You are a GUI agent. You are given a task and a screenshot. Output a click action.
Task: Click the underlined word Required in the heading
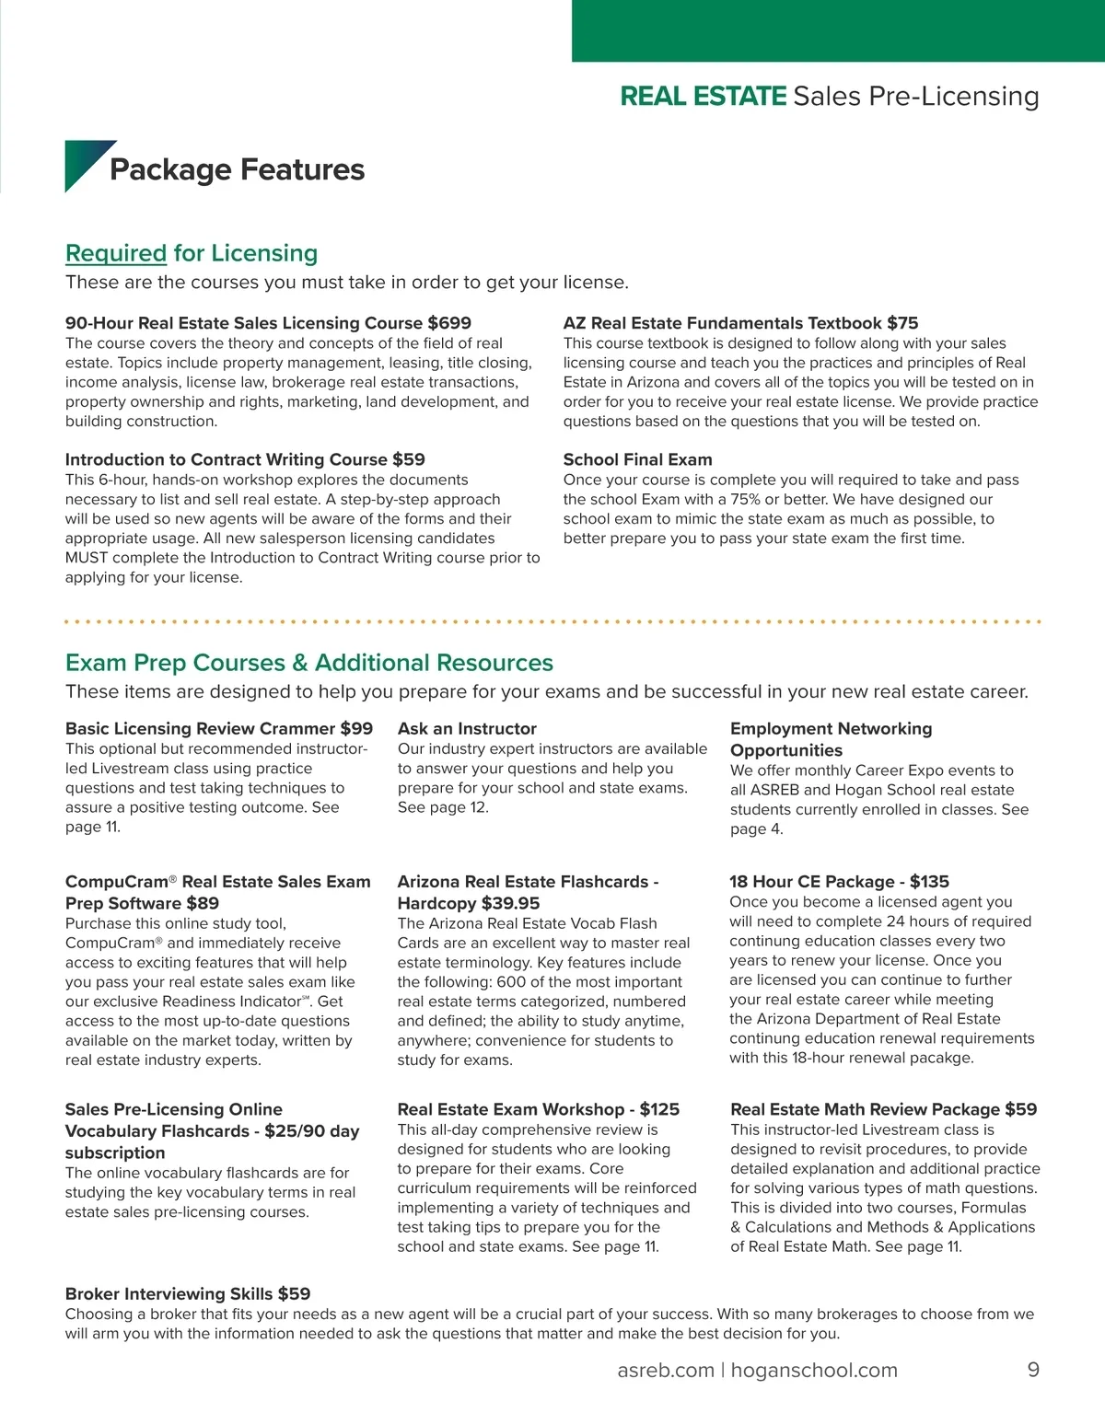116,253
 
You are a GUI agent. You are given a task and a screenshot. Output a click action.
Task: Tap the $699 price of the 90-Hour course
449,323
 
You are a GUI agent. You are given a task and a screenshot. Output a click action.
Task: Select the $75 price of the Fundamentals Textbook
902,323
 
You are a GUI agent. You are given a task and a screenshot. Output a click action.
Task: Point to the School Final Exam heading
637,459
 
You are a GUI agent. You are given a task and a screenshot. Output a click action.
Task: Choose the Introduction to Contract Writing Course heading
245,459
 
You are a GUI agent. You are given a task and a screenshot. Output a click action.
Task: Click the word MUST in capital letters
87,558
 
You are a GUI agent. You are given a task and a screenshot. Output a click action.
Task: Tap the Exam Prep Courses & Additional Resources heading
309,663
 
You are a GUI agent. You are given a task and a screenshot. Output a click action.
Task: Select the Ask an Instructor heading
467,728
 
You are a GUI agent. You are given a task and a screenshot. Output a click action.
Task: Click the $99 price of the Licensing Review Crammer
356,728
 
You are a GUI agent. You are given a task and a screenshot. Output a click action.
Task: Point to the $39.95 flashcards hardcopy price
510,903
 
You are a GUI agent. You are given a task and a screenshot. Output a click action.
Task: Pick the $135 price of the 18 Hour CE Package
929,881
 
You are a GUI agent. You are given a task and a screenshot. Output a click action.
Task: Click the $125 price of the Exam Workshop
659,1109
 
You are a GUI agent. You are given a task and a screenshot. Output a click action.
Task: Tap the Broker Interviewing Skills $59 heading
188,1293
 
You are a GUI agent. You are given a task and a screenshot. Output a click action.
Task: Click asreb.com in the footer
665,1370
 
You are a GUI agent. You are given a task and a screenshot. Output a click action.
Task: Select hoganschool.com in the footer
815,1370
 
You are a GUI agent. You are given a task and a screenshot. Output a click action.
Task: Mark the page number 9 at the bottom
1033,1370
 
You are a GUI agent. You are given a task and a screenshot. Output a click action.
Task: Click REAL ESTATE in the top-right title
704,96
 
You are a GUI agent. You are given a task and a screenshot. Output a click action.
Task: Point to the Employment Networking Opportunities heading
831,739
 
